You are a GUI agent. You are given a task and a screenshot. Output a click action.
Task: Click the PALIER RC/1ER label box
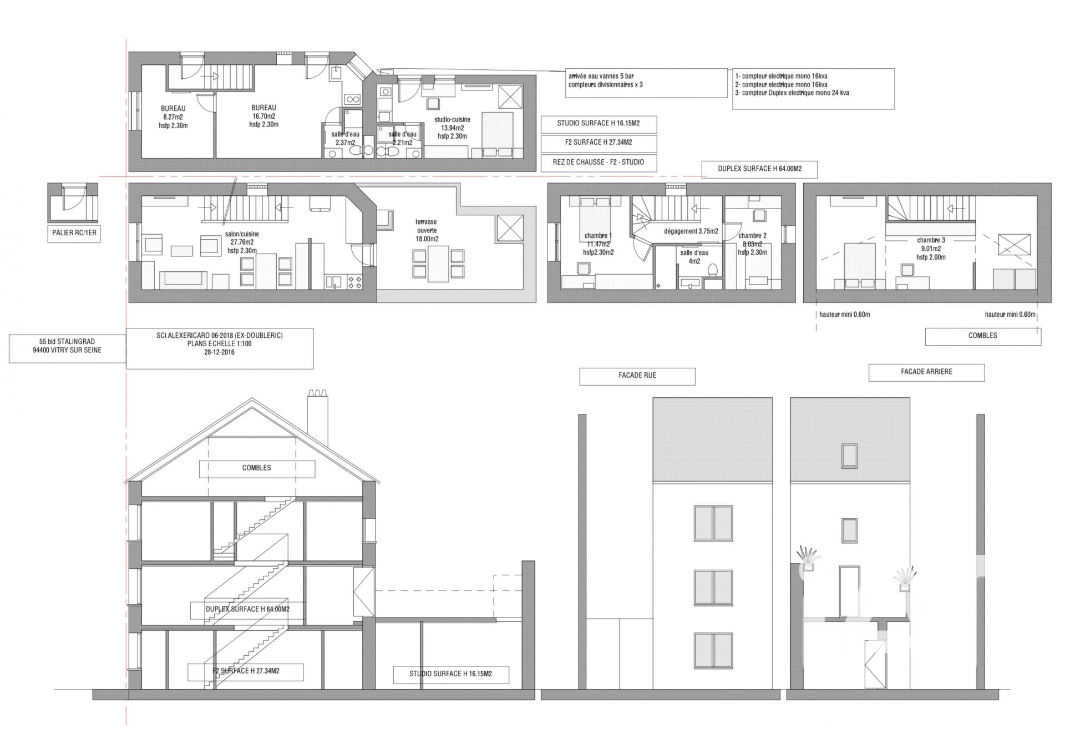[x=74, y=232]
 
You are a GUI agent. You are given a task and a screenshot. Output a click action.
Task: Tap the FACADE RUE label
[x=637, y=376]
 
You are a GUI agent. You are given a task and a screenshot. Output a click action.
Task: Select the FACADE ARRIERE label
[x=926, y=372]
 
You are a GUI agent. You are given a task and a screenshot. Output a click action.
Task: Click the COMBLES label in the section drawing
[x=257, y=468]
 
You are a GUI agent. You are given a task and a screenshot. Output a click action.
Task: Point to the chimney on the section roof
[x=318, y=416]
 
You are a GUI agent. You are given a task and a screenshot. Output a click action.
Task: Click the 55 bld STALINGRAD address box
[x=67, y=346]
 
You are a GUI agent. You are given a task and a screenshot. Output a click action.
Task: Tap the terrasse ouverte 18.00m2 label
[x=427, y=230]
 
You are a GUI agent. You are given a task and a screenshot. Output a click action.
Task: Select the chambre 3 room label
[x=931, y=249]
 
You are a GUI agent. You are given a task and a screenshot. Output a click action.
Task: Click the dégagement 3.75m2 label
[x=691, y=231]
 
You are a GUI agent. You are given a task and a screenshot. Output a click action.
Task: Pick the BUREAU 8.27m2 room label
[x=173, y=117]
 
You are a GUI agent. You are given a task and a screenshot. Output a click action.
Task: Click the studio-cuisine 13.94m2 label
[x=452, y=128]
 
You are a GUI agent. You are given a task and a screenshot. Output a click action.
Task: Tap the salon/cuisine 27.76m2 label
[x=242, y=242]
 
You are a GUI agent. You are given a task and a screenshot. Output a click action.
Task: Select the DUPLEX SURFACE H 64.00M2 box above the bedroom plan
[x=759, y=169]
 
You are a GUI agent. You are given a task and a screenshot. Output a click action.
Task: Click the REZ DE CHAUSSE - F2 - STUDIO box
[x=599, y=163]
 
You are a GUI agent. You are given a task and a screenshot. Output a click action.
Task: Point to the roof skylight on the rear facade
[x=849, y=455]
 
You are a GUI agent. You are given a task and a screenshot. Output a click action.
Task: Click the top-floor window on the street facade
[x=713, y=523]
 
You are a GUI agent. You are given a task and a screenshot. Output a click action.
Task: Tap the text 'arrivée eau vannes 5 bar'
[x=601, y=76]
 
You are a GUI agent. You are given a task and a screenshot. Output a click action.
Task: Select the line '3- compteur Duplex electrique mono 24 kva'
[x=792, y=93]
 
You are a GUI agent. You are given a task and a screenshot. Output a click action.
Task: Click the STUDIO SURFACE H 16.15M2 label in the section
[x=450, y=674]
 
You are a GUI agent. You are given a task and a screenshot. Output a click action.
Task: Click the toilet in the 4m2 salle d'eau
[x=713, y=270]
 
